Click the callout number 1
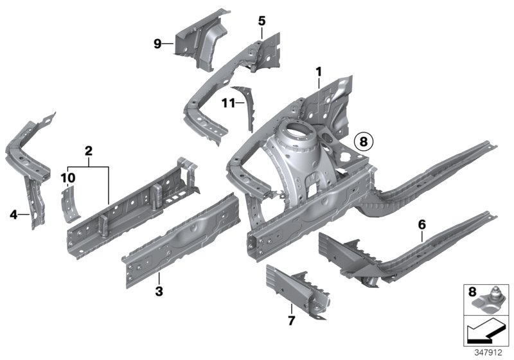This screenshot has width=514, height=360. [x=318, y=71]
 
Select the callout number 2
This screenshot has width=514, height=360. [x=89, y=151]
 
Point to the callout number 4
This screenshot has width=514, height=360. [x=13, y=215]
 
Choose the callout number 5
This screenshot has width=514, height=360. [x=261, y=21]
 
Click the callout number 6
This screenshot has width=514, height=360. [x=421, y=224]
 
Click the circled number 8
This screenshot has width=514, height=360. [x=364, y=140]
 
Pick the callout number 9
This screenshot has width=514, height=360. [x=157, y=44]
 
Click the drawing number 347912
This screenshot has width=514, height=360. [x=491, y=352]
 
